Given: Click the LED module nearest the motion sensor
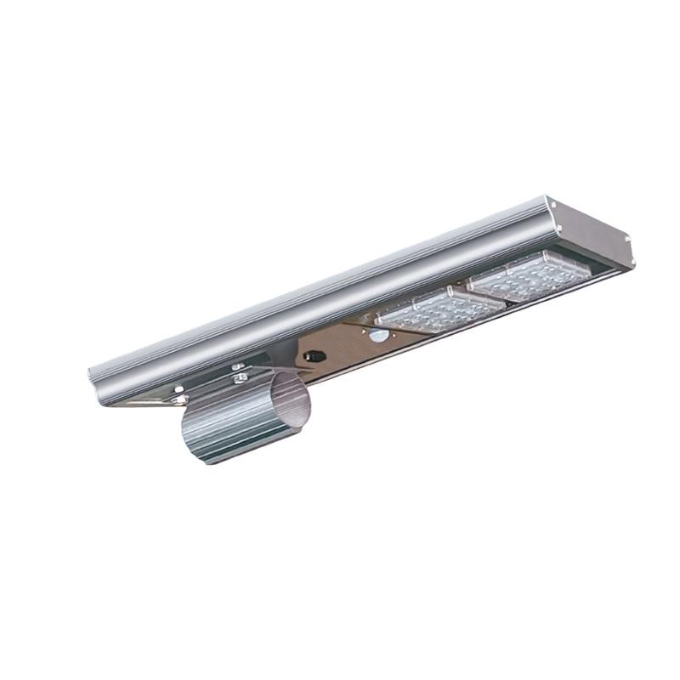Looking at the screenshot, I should click(421, 308).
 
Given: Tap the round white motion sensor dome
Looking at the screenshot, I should click(376, 336).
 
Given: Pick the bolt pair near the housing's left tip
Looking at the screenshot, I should click(178, 394).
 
